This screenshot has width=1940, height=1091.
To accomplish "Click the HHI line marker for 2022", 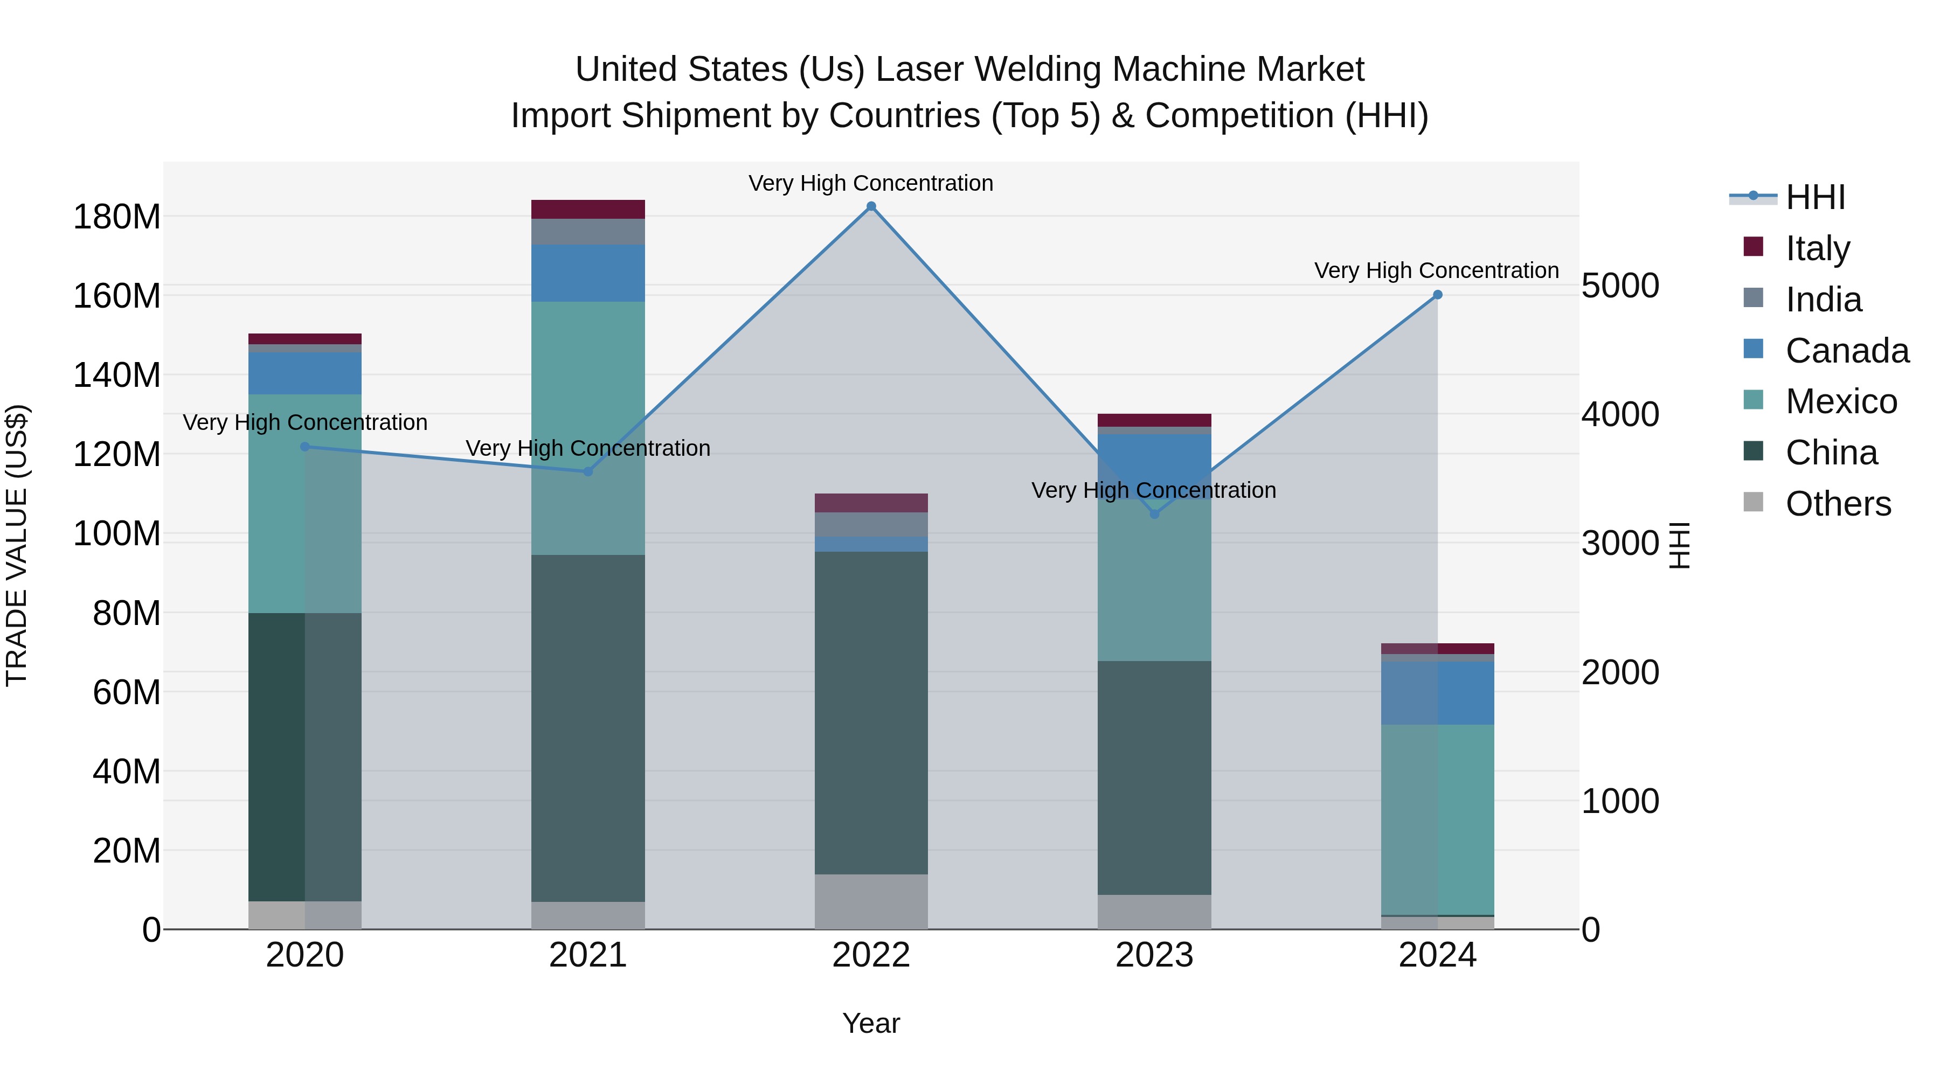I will coord(871,206).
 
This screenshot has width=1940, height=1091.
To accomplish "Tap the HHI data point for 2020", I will coord(305,447).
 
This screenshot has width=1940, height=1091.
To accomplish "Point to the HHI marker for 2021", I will coord(588,471).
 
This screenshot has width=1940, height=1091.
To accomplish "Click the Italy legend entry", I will coord(1817,248).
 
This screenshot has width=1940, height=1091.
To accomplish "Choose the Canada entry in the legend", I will coord(1847,350).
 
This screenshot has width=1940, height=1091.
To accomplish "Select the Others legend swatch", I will coord(1753,502).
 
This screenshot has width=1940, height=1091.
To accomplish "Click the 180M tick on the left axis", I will coord(117,217).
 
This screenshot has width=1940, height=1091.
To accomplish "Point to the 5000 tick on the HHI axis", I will coord(1619,286).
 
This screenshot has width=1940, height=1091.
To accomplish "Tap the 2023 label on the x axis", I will coord(1154,955).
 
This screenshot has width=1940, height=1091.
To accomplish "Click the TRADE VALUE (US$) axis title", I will coord(17,545).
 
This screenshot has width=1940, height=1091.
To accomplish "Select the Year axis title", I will coord(871,1023).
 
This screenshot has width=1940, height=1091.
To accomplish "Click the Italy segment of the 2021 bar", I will coord(588,210).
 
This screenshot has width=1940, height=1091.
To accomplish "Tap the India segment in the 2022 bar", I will coord(871,524).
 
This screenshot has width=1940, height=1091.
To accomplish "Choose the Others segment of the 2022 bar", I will coord(871,901).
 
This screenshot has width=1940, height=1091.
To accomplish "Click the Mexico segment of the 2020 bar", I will coord(305,503).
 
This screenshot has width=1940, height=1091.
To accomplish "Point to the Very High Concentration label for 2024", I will coord(1436,270).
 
